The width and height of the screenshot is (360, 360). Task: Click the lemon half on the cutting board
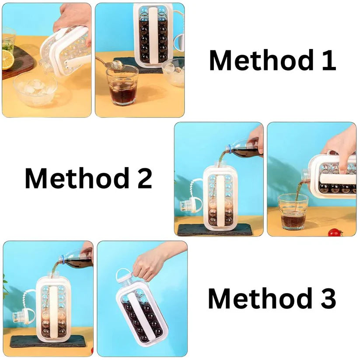pyautogui.click(x=7, y=60)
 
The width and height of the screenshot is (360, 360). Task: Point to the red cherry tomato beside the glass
pyautogui.click(x=335, y=232)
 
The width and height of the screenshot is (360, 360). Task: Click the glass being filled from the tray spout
pyautogui.click(x=293, y=212)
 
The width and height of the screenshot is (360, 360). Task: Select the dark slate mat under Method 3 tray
pyautogui.click(x=48, y=341)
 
